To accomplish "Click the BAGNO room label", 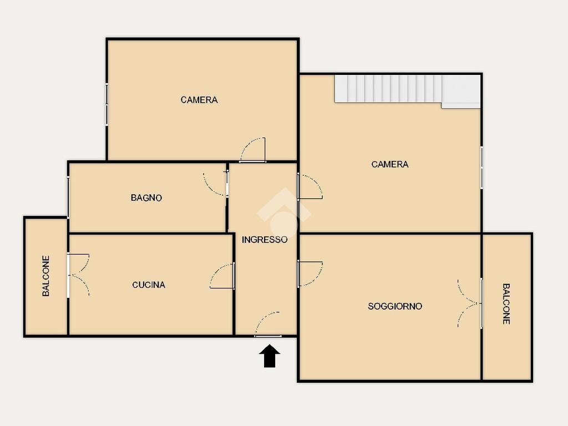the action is point(146,198).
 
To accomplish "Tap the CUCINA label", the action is point(149,285).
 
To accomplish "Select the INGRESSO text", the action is point(265,240).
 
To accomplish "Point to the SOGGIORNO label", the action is point(395,306).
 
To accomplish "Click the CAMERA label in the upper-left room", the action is point(199,100).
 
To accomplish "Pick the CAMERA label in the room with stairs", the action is point(390,164).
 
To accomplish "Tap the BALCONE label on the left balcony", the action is point(46,276).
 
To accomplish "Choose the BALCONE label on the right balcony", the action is point(506,303).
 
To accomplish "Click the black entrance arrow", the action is point(270,356).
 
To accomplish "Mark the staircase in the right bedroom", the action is point(408,90).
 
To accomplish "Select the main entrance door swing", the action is point(268,324).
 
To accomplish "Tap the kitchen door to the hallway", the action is point(222,276).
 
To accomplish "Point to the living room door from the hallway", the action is point(310,274).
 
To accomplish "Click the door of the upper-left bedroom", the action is point(253,150).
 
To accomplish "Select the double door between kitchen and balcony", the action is point(78,275).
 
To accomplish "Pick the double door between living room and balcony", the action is point(470,303).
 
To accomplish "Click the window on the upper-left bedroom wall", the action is point(106,105).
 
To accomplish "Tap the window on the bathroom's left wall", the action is point(68,197).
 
